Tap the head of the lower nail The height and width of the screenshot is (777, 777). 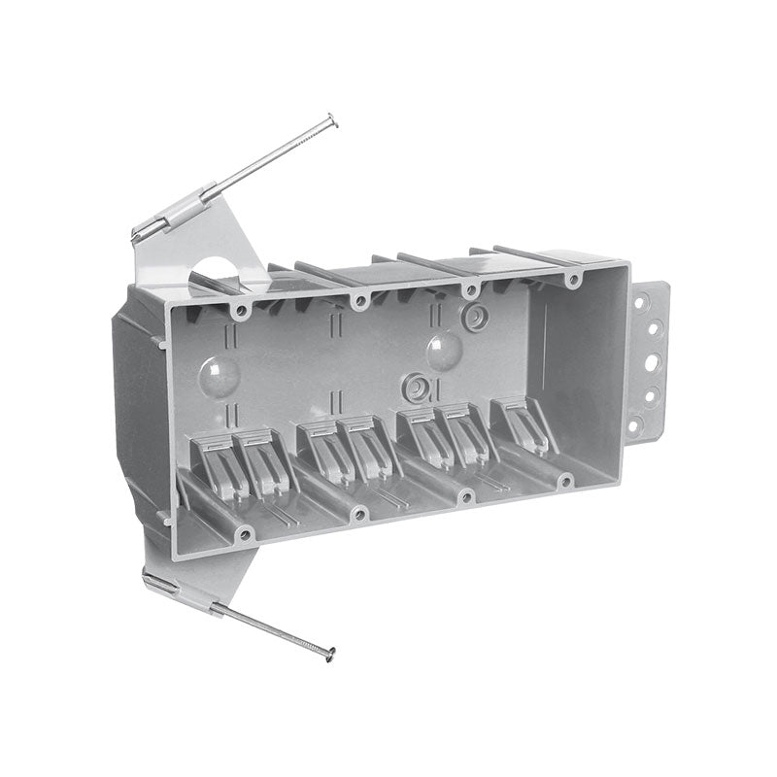(x=331, y=651)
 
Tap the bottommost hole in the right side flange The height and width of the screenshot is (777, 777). (x=633, y=424)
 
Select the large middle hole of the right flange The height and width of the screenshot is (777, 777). (x=651, y=362)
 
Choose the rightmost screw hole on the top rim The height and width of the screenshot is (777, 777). (x=573, y=280)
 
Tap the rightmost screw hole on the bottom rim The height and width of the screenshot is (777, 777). (x=566, y=479)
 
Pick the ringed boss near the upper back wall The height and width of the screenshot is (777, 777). (x=476, y=318)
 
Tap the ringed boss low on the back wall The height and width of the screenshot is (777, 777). (x=416, y=386)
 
